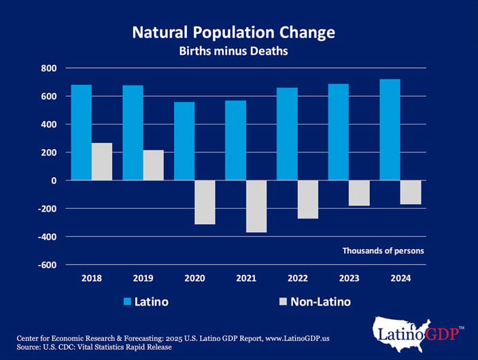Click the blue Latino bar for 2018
(82, 133)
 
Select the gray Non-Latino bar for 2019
(153, 165)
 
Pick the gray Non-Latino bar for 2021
(256, 206)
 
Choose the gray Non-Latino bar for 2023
(359, 193)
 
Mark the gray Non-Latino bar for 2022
(308, 199)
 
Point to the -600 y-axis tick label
(48, 265)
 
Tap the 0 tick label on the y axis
(54, 180)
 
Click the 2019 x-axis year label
(143, 278)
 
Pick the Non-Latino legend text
(320, 301)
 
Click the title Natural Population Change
(233, 32)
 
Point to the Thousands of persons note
(383, 250)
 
